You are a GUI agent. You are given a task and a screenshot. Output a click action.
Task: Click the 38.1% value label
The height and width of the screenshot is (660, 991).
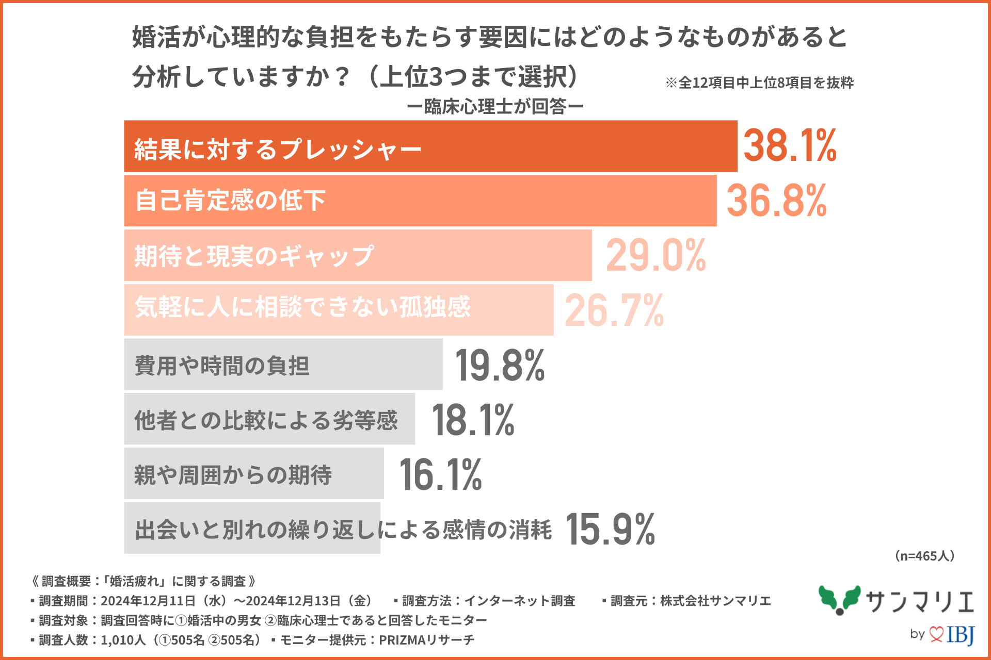790,146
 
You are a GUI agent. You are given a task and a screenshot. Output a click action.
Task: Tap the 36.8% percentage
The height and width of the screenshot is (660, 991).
776,201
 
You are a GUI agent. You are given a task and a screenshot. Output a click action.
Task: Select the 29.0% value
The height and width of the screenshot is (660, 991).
656,255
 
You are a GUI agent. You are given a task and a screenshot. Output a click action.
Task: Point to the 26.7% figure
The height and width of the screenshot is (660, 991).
614,310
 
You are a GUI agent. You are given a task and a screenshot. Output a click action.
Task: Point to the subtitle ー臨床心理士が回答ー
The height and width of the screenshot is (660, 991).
495,107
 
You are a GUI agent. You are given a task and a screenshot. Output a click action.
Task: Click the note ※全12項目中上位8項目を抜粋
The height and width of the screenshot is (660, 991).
759,83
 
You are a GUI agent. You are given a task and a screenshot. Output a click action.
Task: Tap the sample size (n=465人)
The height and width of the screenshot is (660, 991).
924,556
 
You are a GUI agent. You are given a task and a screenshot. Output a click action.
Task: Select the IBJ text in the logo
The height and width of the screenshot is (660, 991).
961,634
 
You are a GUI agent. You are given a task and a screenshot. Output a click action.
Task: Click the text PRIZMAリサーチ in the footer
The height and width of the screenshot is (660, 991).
427,640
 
